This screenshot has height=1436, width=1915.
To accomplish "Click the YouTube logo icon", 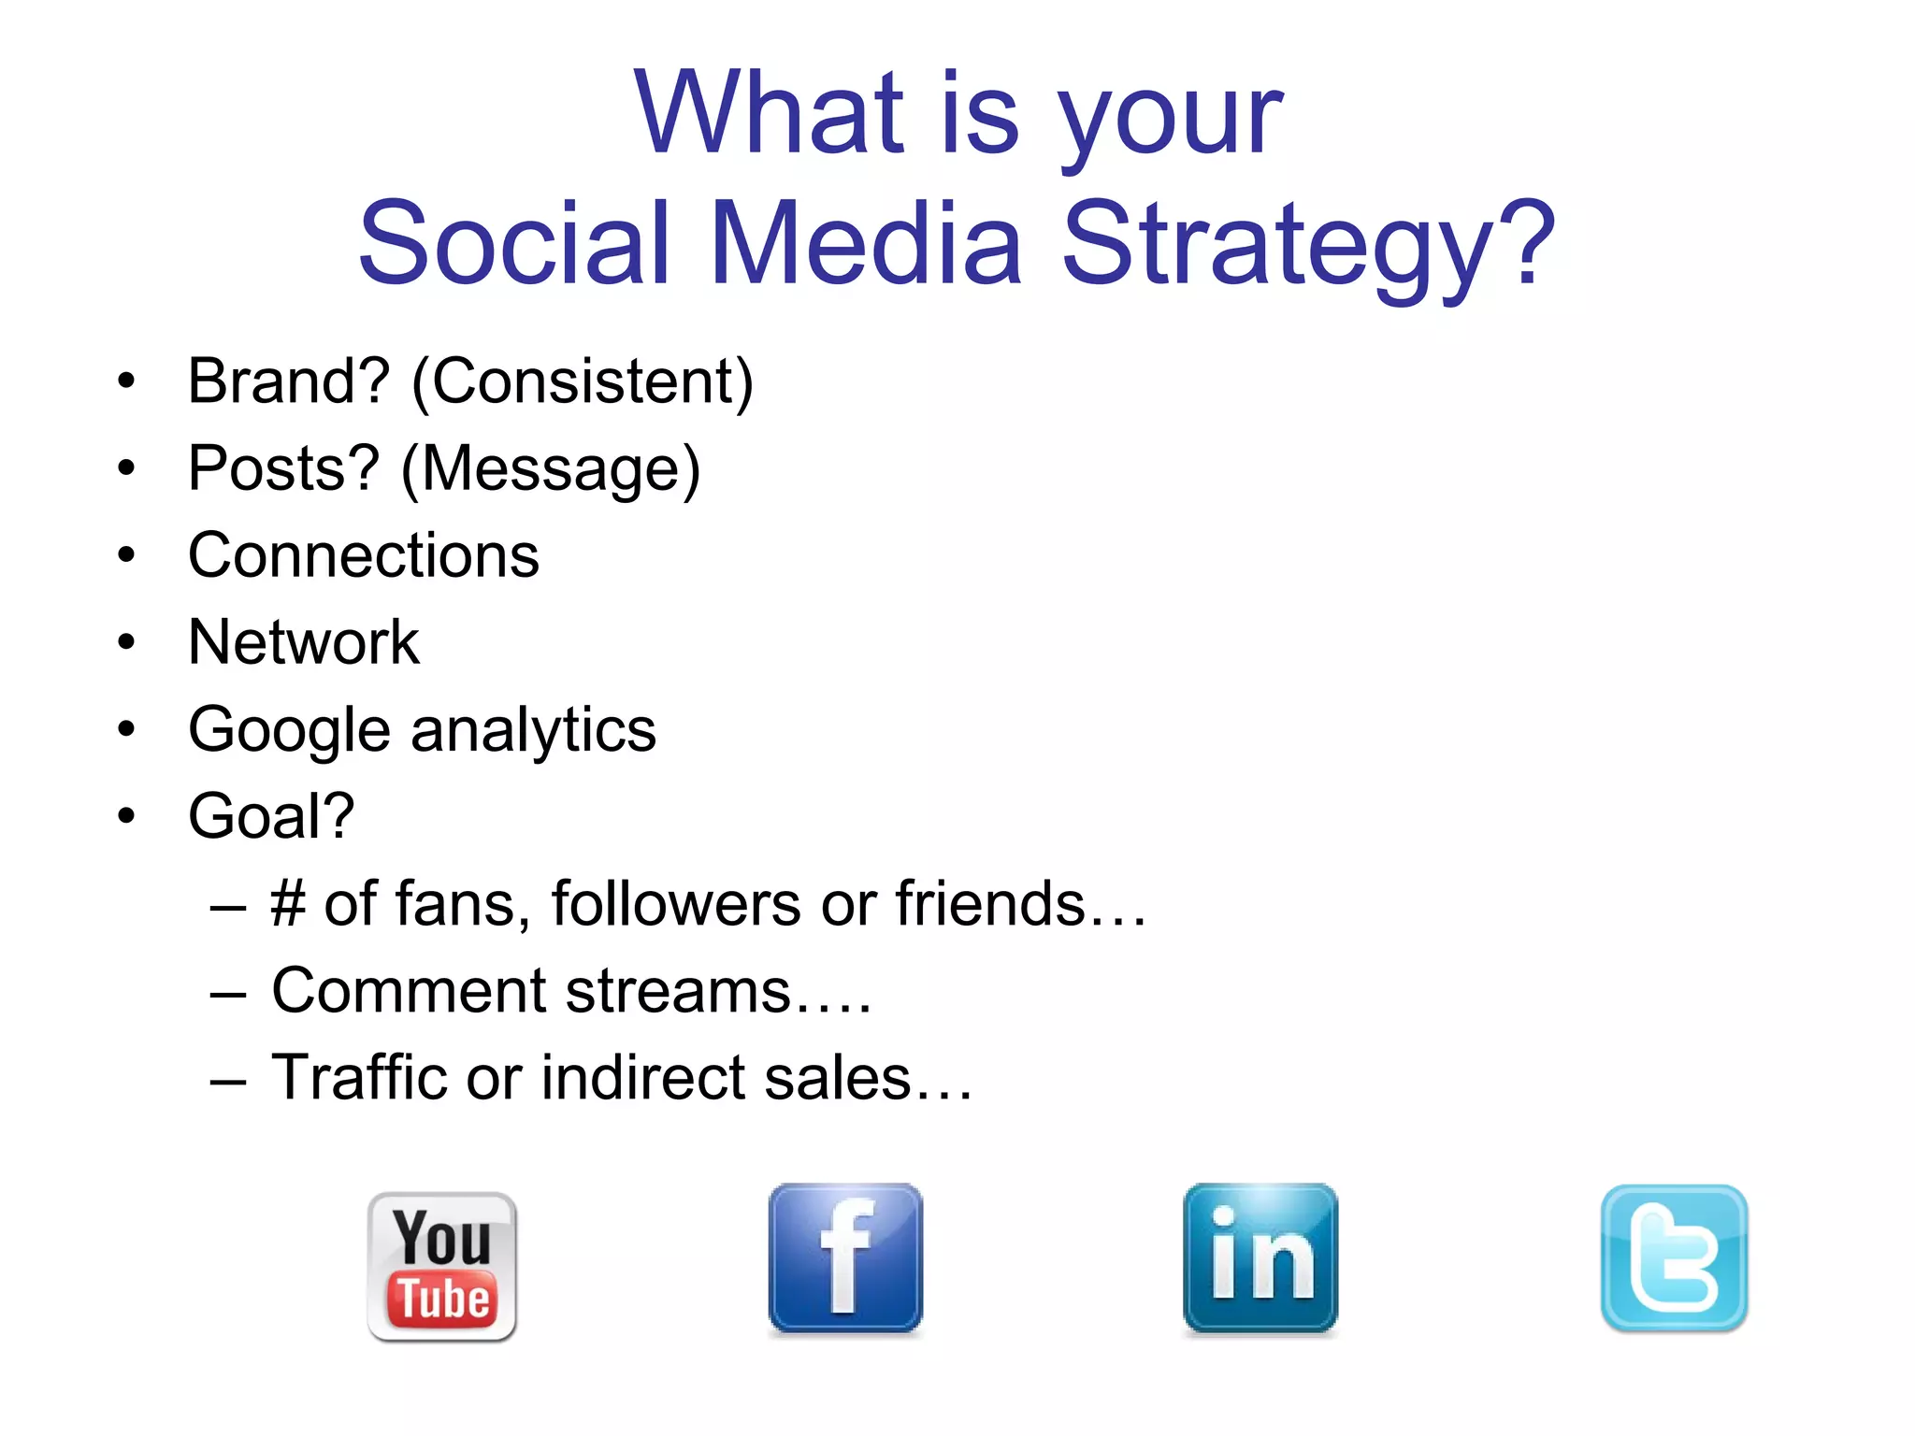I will coord(441,1267).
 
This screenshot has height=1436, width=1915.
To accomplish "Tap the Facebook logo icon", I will coord(845,1257).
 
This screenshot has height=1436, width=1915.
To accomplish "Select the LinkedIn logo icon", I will coord(1260,1257).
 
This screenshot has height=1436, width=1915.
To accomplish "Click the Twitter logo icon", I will coord(1674,1257).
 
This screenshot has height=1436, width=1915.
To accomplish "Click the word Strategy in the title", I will coord(1309,245).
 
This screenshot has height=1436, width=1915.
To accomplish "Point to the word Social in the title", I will coord(514,245).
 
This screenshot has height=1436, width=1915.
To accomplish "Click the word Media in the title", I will coord(866,245).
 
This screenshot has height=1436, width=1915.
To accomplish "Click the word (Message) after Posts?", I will coord(550,468).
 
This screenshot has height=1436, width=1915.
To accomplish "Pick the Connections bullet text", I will coord(363,555).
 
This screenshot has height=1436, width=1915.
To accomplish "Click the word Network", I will coord(303,642).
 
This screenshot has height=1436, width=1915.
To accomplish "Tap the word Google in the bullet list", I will coord(288,731).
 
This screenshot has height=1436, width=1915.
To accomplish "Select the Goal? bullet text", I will coord(271,816).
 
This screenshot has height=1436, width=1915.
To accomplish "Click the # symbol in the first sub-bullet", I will coord(288,904).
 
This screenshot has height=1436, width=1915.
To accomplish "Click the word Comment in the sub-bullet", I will coord(408,991).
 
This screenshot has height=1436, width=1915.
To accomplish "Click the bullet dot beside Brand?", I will coord(126,382).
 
